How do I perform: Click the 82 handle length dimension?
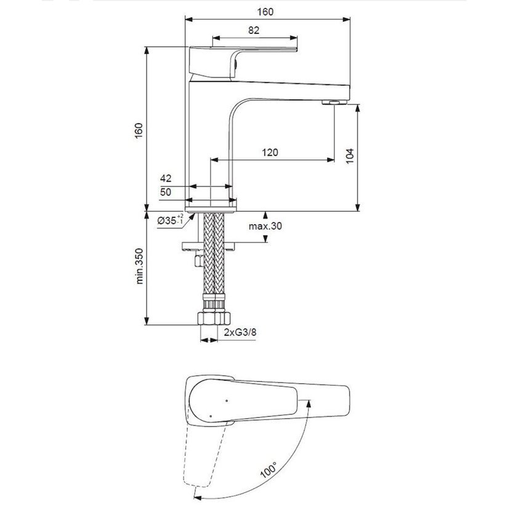pos(254,30)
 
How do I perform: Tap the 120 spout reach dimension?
pos(270,152)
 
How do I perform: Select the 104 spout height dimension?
pos(350,156)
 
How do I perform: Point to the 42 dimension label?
pos(166,178)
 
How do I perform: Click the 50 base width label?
pos(166,192)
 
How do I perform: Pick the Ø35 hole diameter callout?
pos(171,220)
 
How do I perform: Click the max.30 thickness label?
pos(265,226)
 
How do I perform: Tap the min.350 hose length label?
pos(139,266)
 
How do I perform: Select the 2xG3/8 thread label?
pos(240,332)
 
